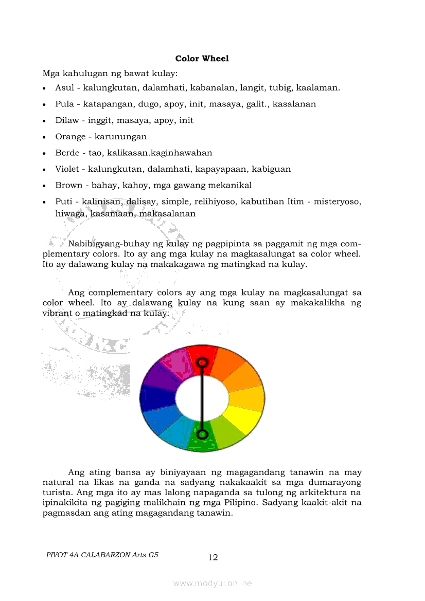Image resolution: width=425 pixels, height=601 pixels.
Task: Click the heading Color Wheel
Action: [202, 59]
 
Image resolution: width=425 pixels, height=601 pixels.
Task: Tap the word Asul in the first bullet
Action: [64, 88]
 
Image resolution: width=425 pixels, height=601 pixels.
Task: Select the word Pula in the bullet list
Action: [64, 104]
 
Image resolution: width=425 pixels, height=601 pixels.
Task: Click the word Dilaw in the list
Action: [67, 120]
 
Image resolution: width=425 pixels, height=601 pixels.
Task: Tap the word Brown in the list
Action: [68, 185]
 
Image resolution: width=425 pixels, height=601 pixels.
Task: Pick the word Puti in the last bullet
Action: [64, 202]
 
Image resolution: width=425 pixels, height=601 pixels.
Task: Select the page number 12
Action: [213, 557]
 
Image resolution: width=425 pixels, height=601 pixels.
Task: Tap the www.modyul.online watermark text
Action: [213, 583]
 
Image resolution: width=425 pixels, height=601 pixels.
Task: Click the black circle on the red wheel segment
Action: [203, 362]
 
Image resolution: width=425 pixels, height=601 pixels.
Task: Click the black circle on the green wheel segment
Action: [203, 435]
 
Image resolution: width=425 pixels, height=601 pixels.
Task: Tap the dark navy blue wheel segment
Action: [156, 398]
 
